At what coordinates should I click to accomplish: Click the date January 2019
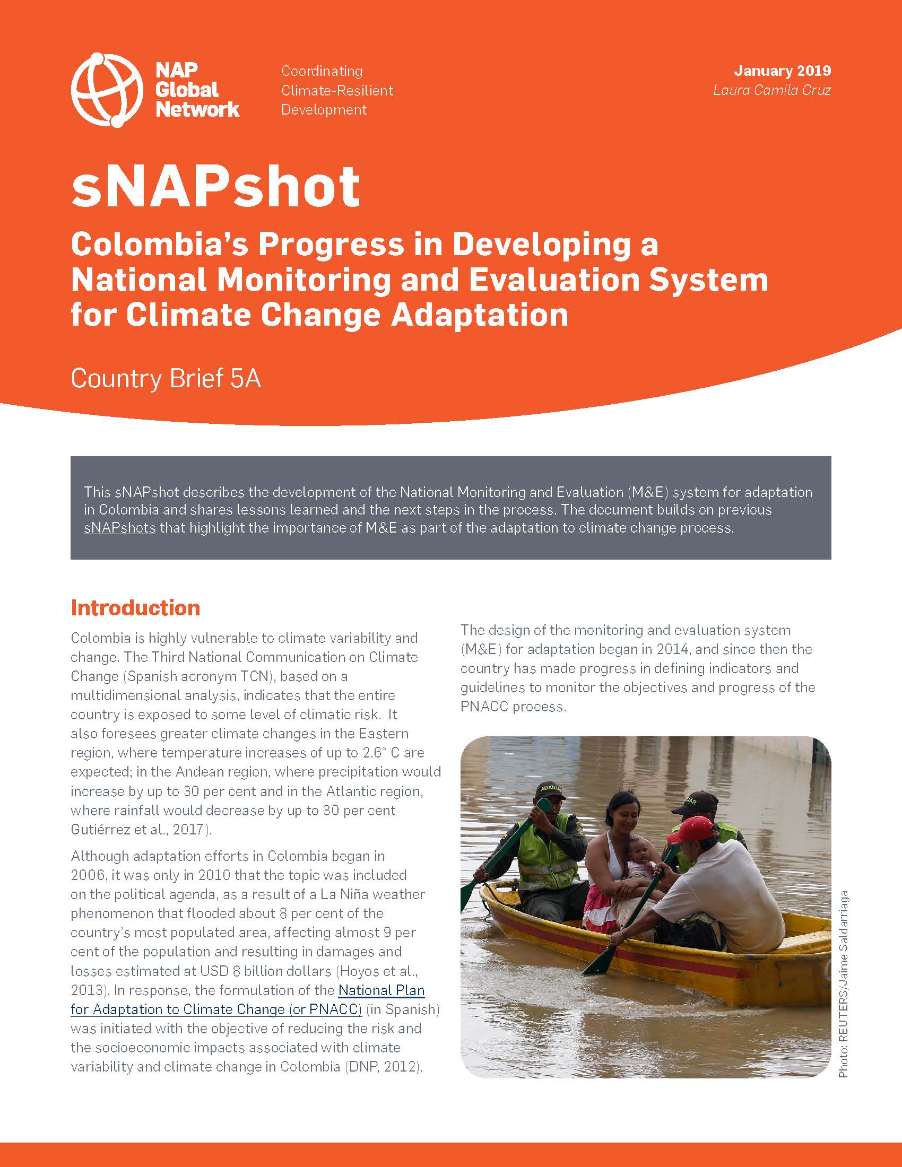pyautogui.click(x=782, y=71)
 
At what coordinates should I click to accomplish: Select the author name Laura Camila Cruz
pyautogui.click(x=772, y=90)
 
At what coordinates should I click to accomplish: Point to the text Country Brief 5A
pyautogui.click(x=166, y=379)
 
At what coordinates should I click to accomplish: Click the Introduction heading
pyautogui.click(x=135, y=607)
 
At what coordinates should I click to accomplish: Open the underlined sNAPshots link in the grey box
pyautogui.click(x=120, y=528)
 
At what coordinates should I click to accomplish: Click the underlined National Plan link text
pyautogui.click(x=381, y=990)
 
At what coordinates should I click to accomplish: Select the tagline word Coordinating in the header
pyautogui.click(x=322, y=71)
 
